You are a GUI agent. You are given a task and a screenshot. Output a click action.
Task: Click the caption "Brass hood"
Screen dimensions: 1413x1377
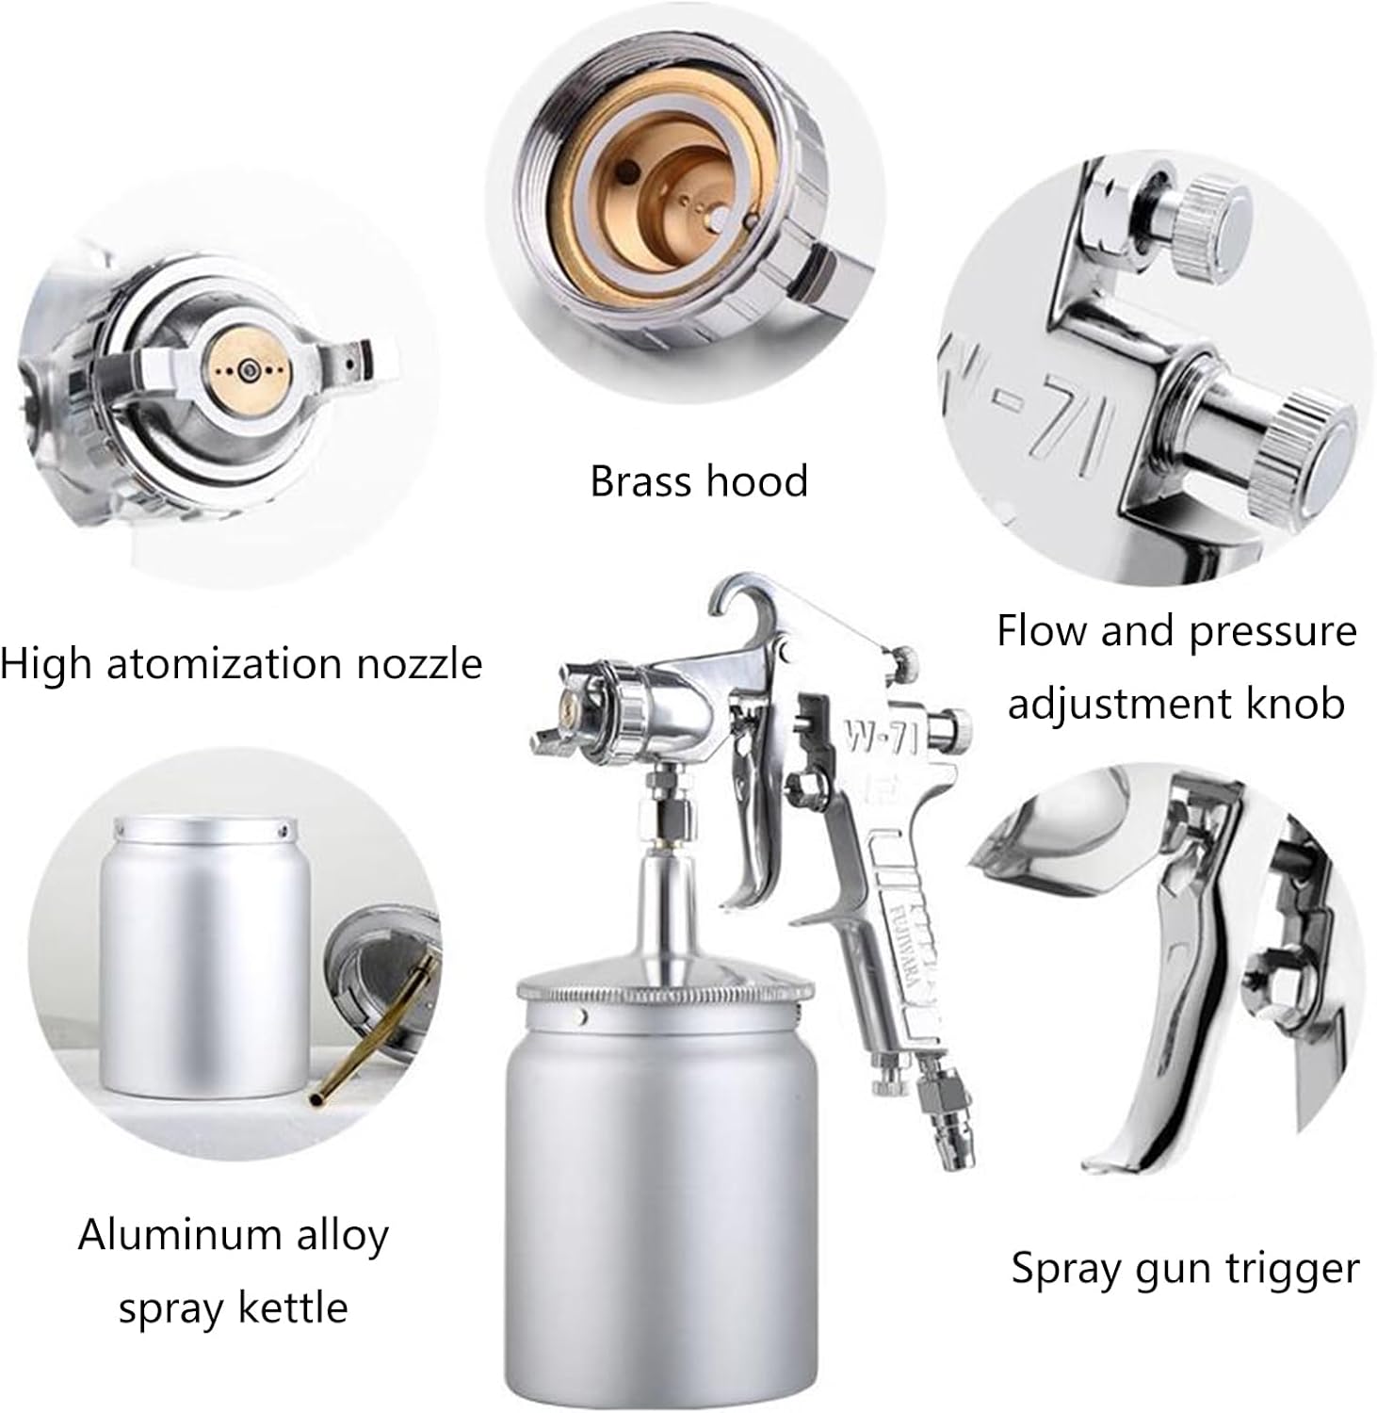(x=699, y=481)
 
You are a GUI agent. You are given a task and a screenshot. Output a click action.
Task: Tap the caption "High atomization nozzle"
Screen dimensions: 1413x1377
(x=241, y=664)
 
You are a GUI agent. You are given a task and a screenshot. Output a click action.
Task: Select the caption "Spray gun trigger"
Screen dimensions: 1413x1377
(x=1185, y=1268)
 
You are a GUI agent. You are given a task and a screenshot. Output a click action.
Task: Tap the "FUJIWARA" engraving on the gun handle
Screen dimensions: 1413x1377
(x=896, y=942)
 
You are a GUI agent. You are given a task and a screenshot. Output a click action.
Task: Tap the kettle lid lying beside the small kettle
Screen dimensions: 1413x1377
(x=381, y=970)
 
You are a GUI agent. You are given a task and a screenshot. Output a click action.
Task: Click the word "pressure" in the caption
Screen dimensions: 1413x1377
(x=1272, y=631)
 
